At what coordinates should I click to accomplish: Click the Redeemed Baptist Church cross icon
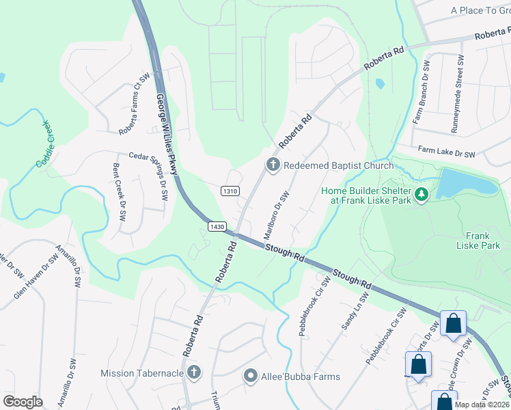[273, 165]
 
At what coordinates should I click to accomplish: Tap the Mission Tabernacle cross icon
[193, 372]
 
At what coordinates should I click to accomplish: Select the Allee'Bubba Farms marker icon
[251, 377]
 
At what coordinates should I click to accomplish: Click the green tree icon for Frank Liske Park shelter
[422, 195]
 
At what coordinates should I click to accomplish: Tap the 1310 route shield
[230, 191]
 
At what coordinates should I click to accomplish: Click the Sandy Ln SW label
[355, 312]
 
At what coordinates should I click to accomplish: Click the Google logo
[23, 402]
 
